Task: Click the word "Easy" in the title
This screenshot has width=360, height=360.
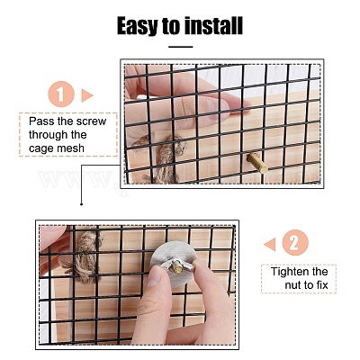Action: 138,26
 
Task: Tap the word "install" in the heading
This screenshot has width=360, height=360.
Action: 213,25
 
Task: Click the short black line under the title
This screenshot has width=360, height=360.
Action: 181,47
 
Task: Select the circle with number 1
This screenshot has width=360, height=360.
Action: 61,94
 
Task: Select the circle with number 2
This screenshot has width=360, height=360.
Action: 295,242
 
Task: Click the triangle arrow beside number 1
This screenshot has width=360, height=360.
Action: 87,95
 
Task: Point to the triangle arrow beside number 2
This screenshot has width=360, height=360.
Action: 270,244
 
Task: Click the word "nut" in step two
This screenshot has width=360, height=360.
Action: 293,285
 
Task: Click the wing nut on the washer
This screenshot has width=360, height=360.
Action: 176,266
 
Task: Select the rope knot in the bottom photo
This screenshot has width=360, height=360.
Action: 84,255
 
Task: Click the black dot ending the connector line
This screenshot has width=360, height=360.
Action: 81,204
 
